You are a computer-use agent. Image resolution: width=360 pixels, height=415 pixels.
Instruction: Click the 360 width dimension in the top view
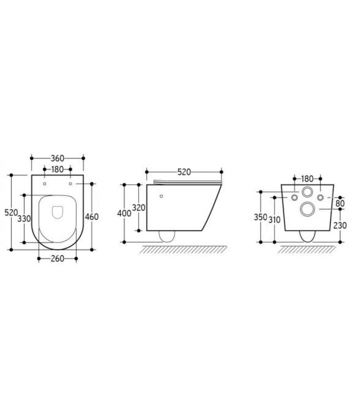58,158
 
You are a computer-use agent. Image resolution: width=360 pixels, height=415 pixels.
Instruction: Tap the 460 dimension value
91,217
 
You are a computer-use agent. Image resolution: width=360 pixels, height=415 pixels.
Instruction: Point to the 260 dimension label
58,258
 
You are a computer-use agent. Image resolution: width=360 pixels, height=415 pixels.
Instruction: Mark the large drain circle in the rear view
306,209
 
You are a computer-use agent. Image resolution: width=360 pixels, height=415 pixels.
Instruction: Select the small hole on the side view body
161,196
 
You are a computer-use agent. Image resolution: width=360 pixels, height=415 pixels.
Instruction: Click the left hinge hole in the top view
44,183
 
